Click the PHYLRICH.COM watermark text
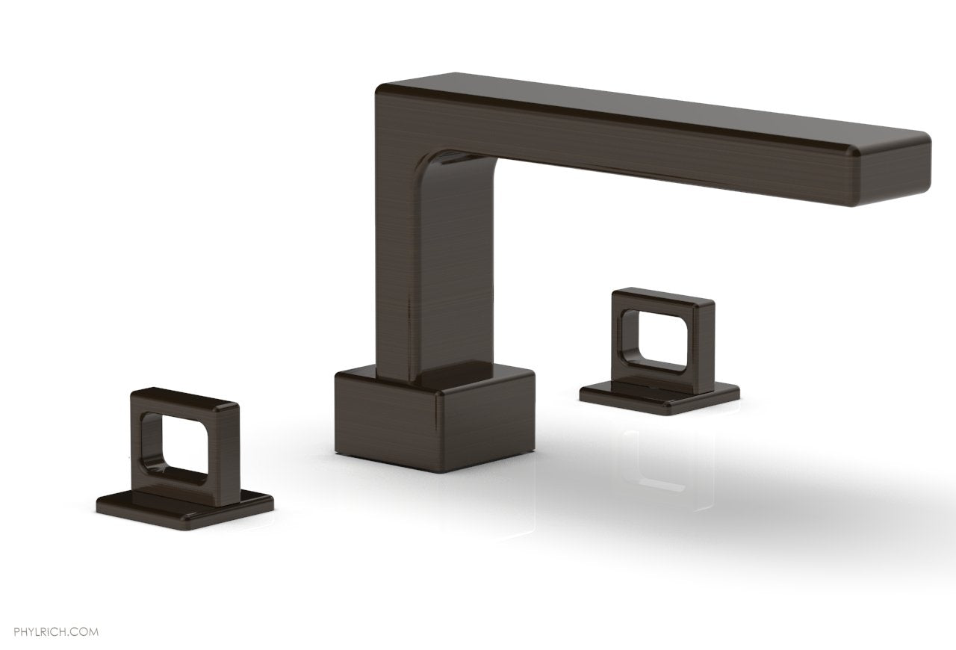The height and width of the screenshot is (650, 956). [x=50, y=611]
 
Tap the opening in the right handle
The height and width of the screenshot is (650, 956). [x=660, y=340]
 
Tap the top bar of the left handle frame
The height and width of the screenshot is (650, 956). [x=184, y=397]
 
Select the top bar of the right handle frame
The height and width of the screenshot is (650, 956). [x=662, y=298]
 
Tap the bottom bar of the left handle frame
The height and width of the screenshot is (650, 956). [x=187, y=482]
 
